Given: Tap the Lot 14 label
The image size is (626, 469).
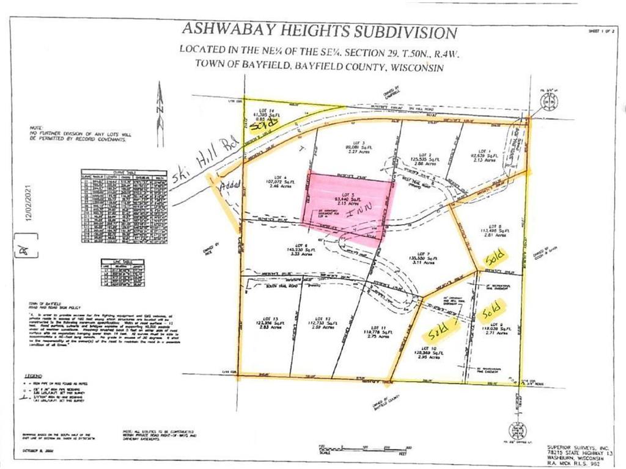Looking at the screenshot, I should [x=258, y=111].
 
